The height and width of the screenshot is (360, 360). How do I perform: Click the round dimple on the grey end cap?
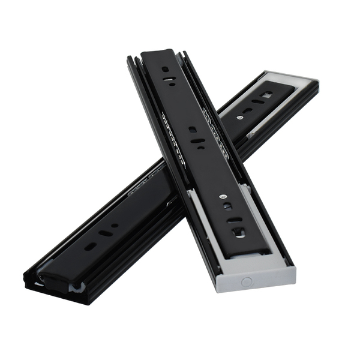[x=247, y=280]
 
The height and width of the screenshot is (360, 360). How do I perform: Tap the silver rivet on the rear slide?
[x=240, y=118]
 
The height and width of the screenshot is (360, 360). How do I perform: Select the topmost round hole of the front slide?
[x=165, y=69]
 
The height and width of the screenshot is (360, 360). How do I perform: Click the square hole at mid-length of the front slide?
[x=192, y=129]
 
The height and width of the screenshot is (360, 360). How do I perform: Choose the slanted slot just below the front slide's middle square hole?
[x=198, y=142]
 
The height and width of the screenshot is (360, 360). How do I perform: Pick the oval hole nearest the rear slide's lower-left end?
[x=89, y=246]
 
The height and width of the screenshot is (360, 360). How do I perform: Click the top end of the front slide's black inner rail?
[x=158, y=53]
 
